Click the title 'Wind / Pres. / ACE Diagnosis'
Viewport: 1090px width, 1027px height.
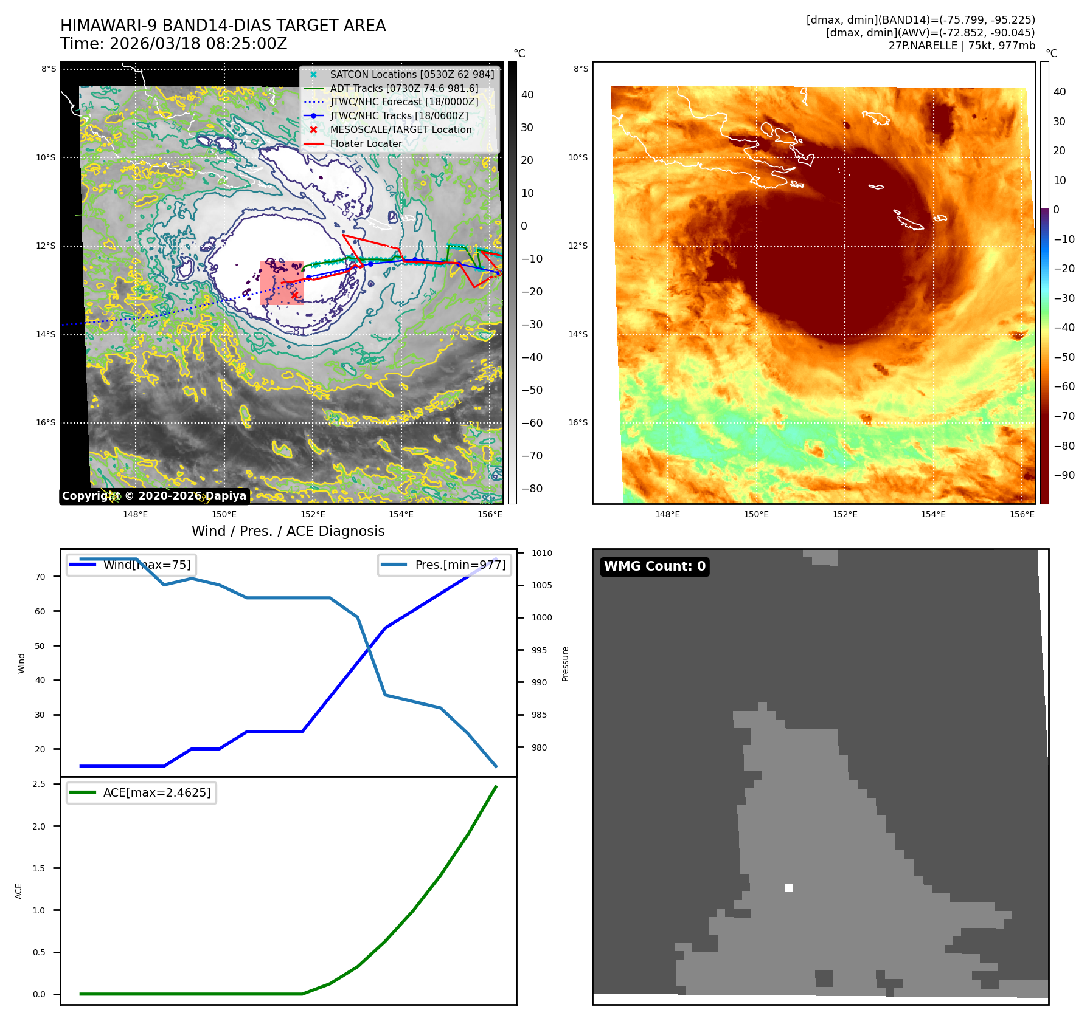pyautogui.click(x=288, y=531)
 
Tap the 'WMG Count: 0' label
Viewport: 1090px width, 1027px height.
pyautogui.click(x=654, y=566)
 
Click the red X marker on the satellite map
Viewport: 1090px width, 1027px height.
pyautogui.click(x=294, y=295)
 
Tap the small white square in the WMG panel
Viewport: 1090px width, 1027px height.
pyautogui.click(x=789, y=888)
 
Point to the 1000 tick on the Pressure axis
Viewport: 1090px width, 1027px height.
pyautogui.click(x=541, y=617)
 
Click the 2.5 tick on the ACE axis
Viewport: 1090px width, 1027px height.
pyautogui.click(x=39, y=784)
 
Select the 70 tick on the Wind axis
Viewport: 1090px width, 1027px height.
pyautogui.click(x=40, y=577)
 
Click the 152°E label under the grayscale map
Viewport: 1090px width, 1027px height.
pyautogui.click(x=313, y=514)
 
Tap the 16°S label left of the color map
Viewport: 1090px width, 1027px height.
pyautogui.click(x=578, y=423)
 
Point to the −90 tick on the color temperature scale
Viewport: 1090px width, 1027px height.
pyautogui.click(x=1064, y=475)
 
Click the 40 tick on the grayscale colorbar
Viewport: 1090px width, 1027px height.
pyautogui.click(x=527, y=95)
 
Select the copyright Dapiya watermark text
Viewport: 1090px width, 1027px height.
pyautogui.click(x=154, y=496)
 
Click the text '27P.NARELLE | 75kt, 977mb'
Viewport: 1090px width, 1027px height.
pyautogui.click(x=961, y=46)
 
